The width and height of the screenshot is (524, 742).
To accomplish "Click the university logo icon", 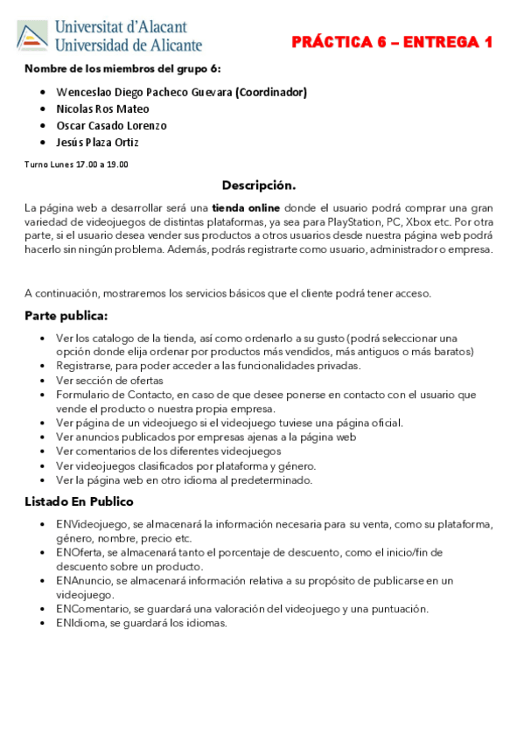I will click(x=32, y=36).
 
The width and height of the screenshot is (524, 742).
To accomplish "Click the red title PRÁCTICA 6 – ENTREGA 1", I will click(x=392, y=43).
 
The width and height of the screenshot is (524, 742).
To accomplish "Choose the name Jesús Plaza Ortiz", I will click(x=97, y=142).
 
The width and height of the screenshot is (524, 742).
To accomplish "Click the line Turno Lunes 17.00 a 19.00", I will click(x=76, y=164).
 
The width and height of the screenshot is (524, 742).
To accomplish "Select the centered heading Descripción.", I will click(x=258, y=185).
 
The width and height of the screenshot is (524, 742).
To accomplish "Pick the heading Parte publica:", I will click(x=66, y=315).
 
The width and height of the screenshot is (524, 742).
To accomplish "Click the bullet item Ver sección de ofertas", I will click(x=109, y=380).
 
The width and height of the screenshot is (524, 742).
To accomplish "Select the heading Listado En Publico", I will click(x=79, y=501).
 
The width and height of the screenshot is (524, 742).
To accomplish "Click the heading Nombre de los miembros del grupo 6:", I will click(x=122, y=68).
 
